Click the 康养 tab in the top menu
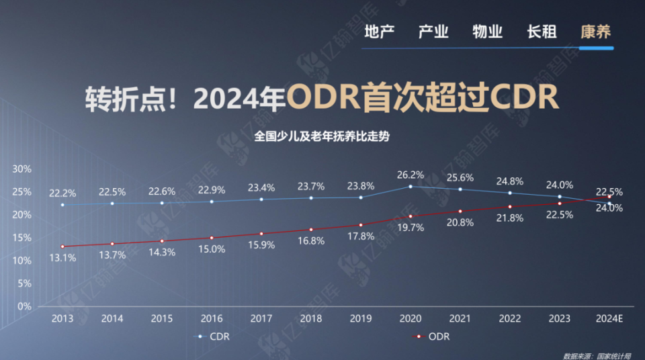point(595,32)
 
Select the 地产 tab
point(379,32)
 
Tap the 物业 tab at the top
point(487,32)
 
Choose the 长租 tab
point(542,32)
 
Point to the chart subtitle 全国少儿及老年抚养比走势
point(322,135)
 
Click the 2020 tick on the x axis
point(411,318)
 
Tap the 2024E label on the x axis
point(609,318)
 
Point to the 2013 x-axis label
point(62,318)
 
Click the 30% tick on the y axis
point(22,169)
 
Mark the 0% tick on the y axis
point(24,306)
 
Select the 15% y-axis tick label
point(22,237)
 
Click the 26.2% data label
point(411,175)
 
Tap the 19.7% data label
point(411,228)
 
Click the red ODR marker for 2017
point(261,234)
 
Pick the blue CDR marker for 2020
point(411,186)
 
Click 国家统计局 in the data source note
point(613,355)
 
